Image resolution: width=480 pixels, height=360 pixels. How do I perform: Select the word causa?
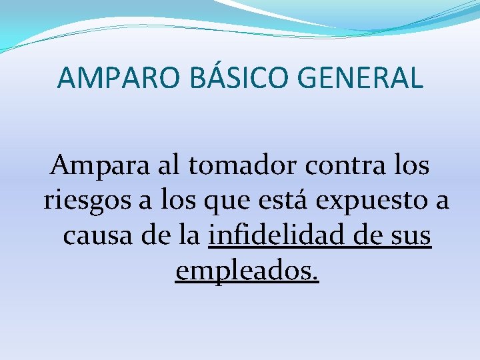click(94, 236)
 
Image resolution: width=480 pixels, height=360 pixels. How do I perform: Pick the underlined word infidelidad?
click(273, 236)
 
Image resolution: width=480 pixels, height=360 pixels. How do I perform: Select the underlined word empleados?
click(247, 272)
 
